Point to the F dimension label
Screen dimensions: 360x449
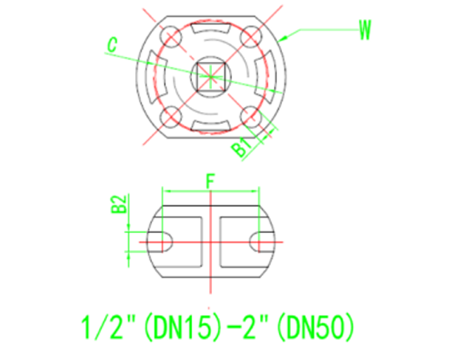pyautogui.click(x=210, y=180)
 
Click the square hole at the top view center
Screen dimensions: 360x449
pyautogui.click(x=210, y=75)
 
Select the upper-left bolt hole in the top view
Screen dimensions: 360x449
pyautogui.click(x=170, y=35)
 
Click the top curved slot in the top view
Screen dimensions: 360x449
pyautogui.click(x=210, y=29)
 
